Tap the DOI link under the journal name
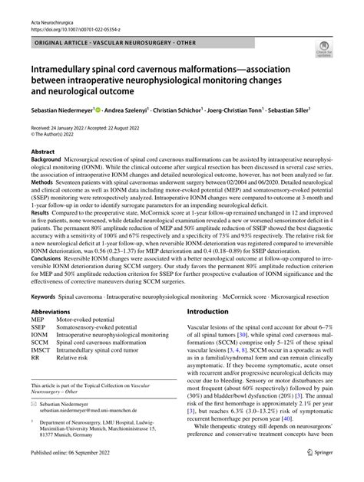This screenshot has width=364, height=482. [x=74, y=21]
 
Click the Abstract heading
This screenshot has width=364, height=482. [x=42, y=152]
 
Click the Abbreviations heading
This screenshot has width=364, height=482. [x=55, y=333]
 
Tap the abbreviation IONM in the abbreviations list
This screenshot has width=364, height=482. [x=39, y=356]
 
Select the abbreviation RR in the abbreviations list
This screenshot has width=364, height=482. [x=35, y=378]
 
